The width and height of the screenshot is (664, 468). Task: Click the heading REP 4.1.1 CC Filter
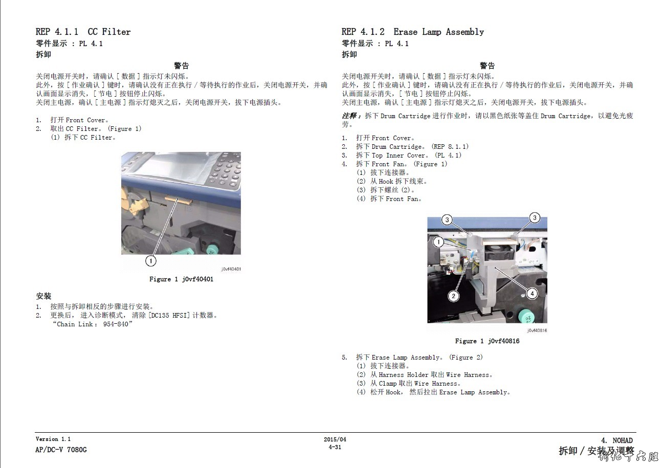[83, 32]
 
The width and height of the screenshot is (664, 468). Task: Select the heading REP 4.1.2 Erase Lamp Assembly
[413, 32]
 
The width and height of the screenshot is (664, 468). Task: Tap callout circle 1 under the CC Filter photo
[150, 261]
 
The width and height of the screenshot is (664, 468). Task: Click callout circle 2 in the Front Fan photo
[453, 296]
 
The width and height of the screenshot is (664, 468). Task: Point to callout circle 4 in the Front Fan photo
[532, 294]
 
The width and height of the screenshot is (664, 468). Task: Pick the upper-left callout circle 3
[447, 219]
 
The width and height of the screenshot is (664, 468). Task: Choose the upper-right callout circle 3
[535, 217]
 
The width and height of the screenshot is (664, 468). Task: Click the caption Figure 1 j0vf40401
[181, 279]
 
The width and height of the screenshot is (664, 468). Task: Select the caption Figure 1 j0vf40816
[487, 341]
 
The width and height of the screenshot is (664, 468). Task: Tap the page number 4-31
[335, 447]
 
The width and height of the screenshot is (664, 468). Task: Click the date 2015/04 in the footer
[335, 439]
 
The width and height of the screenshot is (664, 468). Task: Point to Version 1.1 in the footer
[53, 439]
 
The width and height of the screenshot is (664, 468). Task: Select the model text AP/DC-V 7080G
[61, 450]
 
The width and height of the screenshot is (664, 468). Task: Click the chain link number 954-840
[116, 324]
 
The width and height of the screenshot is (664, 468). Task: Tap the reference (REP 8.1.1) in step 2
[450, 146]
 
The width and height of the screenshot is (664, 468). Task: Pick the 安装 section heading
[43, 296]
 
